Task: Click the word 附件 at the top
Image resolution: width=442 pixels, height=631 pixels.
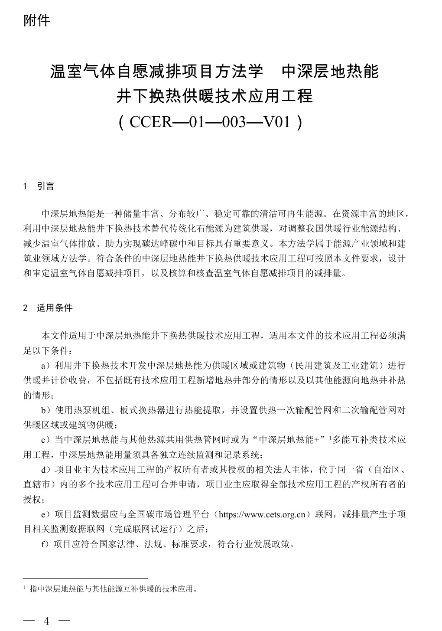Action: click(x=37, y=20)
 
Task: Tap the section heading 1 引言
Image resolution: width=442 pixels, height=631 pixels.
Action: click(x=39, y=186)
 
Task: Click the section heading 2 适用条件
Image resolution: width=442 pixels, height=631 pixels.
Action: click(x=48, y=308)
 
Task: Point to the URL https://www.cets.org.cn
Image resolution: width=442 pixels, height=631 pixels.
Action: click(x=265, y=515)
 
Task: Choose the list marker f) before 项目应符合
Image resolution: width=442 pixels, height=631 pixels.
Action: click(x=45, y=544)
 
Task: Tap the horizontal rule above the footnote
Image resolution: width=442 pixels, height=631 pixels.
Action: click(x=85, y=578)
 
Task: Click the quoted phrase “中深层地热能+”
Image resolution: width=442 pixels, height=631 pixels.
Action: click(x=289, y=440)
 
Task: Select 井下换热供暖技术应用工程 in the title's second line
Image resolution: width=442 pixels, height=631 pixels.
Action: click(x=214, y=96)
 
